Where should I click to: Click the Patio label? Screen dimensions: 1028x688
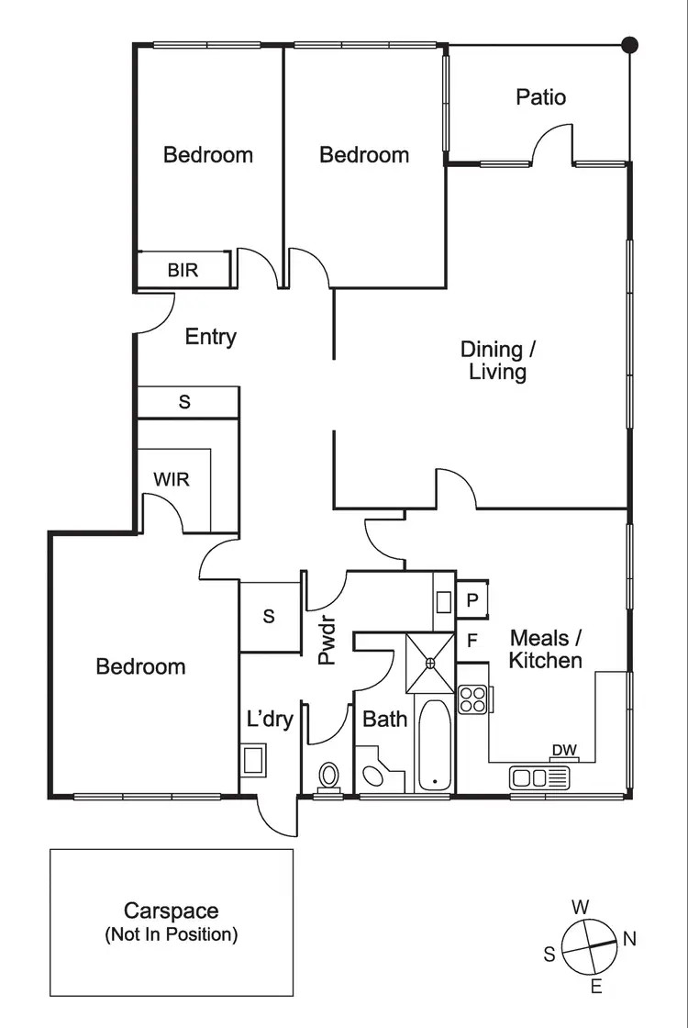point(540,97)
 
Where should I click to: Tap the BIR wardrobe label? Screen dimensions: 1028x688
point(183,271)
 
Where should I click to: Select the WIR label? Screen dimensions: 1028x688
point(172,478)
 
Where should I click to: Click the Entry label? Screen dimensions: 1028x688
point(210,337)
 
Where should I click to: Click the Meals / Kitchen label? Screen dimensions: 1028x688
point(546,649)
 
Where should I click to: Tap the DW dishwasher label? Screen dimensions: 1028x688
point(564,751)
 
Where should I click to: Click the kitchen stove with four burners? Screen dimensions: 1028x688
point(472,700)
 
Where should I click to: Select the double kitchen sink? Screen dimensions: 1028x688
point(539,778)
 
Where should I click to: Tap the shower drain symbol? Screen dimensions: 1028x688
point(430,663)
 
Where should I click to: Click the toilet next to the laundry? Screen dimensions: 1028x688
point(327,777)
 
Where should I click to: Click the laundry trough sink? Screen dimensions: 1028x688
point(252,760)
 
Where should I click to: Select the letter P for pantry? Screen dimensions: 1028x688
point(472,600)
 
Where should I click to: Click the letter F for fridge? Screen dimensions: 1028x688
point(472,640)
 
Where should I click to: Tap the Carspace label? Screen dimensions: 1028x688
point(172,911)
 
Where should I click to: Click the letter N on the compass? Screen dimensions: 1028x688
point(629,939)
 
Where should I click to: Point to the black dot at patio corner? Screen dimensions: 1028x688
point(629,44)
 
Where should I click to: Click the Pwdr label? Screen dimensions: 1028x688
point(327,642)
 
